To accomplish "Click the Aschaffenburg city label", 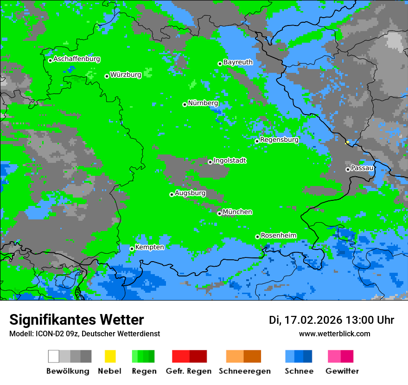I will click(76, 59).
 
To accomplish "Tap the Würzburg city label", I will click(126, 75).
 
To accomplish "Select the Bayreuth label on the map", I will click(238, 62).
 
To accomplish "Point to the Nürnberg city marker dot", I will click(185, 104).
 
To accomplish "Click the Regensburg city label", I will click(279, 140).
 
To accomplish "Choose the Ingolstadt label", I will click(229, 160).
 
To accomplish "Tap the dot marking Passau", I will click(348, 169).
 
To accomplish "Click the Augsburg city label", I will click(190, 193).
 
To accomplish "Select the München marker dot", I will click(219, 213).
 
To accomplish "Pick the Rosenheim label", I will click(278, 236).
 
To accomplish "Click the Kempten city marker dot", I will click(132, 249).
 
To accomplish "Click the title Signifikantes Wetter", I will click(76, 320).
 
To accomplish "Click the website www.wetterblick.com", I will click(334, 334).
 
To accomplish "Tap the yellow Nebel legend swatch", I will click(110, 356).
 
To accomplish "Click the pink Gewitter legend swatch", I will click(334, 356).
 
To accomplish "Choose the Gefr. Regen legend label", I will click(188, 371).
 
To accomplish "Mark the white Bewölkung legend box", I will click(54, 356).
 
